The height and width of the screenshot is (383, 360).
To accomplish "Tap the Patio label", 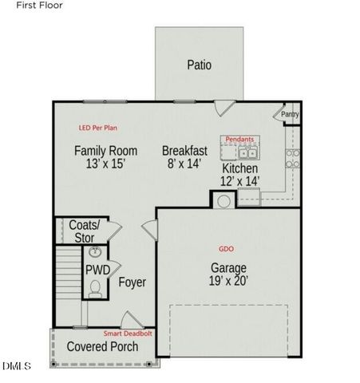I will click(199, 65).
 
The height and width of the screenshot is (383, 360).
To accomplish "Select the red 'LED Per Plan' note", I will click(99, 128).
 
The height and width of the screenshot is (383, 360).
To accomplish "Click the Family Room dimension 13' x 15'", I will click(105, 165).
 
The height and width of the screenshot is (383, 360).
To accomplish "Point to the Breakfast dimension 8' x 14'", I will click(184, 165).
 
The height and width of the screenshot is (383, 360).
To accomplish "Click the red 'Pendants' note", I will click(239, 139).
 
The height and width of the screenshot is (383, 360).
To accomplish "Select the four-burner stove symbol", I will click(293, 157).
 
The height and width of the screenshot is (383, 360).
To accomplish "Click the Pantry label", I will click(289, 116).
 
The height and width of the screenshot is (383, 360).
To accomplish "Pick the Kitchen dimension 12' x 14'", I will click(240, 183).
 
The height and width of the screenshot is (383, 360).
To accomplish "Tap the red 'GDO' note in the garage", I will click(226, 249).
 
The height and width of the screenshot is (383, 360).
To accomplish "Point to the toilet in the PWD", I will click(96, 288).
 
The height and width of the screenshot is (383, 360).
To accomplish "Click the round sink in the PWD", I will click(96, 254).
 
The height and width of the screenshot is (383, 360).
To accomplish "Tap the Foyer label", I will click(132, 282).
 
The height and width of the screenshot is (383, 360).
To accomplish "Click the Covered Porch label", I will click(102, 347).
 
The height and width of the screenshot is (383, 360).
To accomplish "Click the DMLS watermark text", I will click(16, 366).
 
